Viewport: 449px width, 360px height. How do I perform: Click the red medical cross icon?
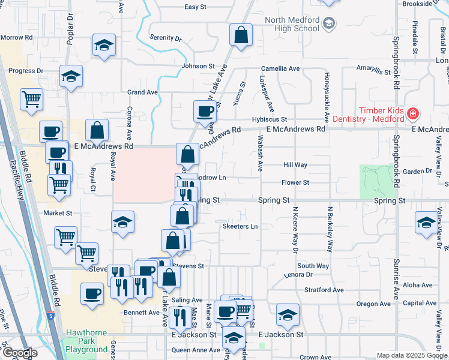tap(412, 113)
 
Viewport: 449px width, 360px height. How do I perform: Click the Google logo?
tap(20, 353)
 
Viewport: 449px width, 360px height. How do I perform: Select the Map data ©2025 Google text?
tap(412, 355)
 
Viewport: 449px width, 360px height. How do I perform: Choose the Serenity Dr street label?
tap(165, 38)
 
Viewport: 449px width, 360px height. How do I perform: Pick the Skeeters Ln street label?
tap(240, 226)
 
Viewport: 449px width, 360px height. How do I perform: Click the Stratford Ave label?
tap(324, 290)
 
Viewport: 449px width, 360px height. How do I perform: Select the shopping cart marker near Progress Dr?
tap(31, 99)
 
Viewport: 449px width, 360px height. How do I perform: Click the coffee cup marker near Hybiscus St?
tap(205, 110)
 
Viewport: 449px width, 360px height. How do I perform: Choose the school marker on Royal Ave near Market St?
tap(122, 221)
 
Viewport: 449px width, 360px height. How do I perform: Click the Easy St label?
tap(195, 7)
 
